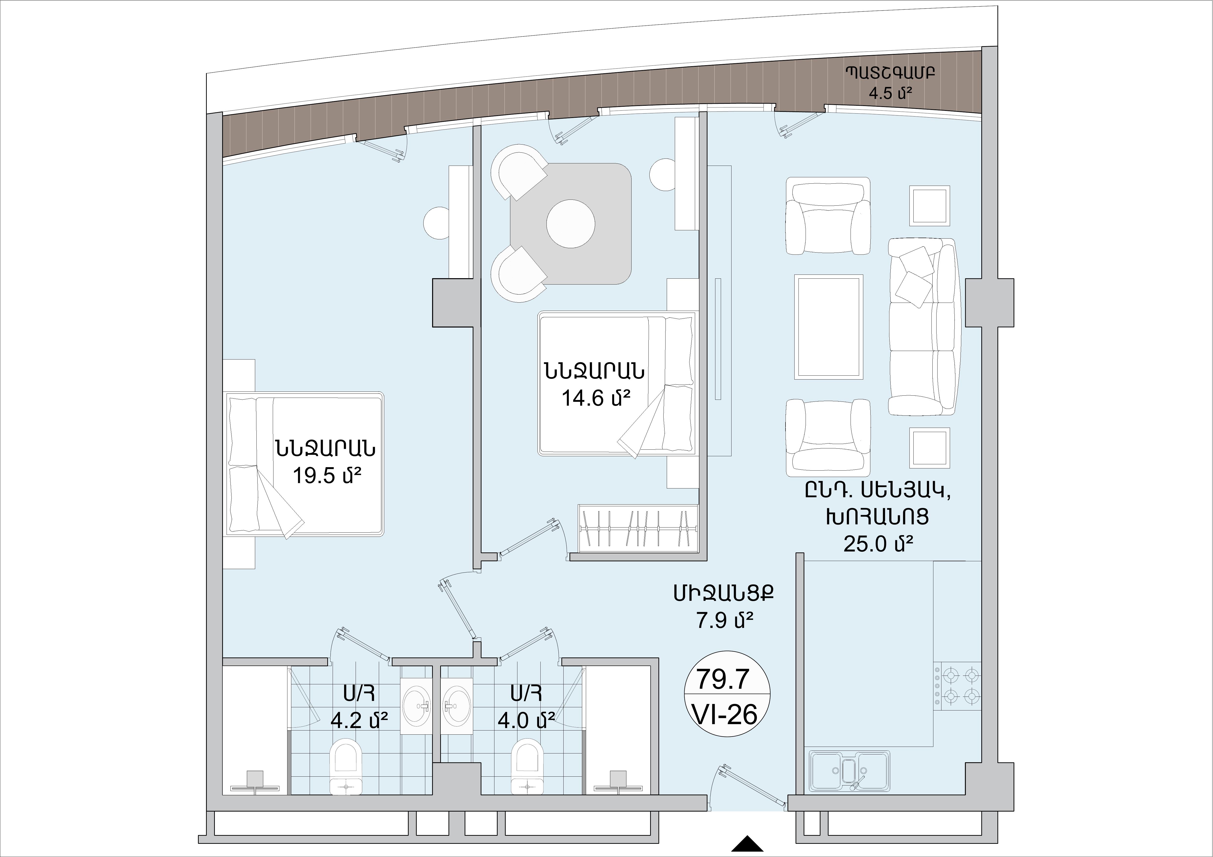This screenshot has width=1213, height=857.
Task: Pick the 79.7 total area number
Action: click(x=723, y=679)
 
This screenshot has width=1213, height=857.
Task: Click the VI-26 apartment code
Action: click(x=727, y=715)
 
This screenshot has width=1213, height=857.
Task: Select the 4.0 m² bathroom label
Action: click(x=526, y=720)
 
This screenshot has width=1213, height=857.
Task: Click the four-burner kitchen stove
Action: click(x=957, y=687)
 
